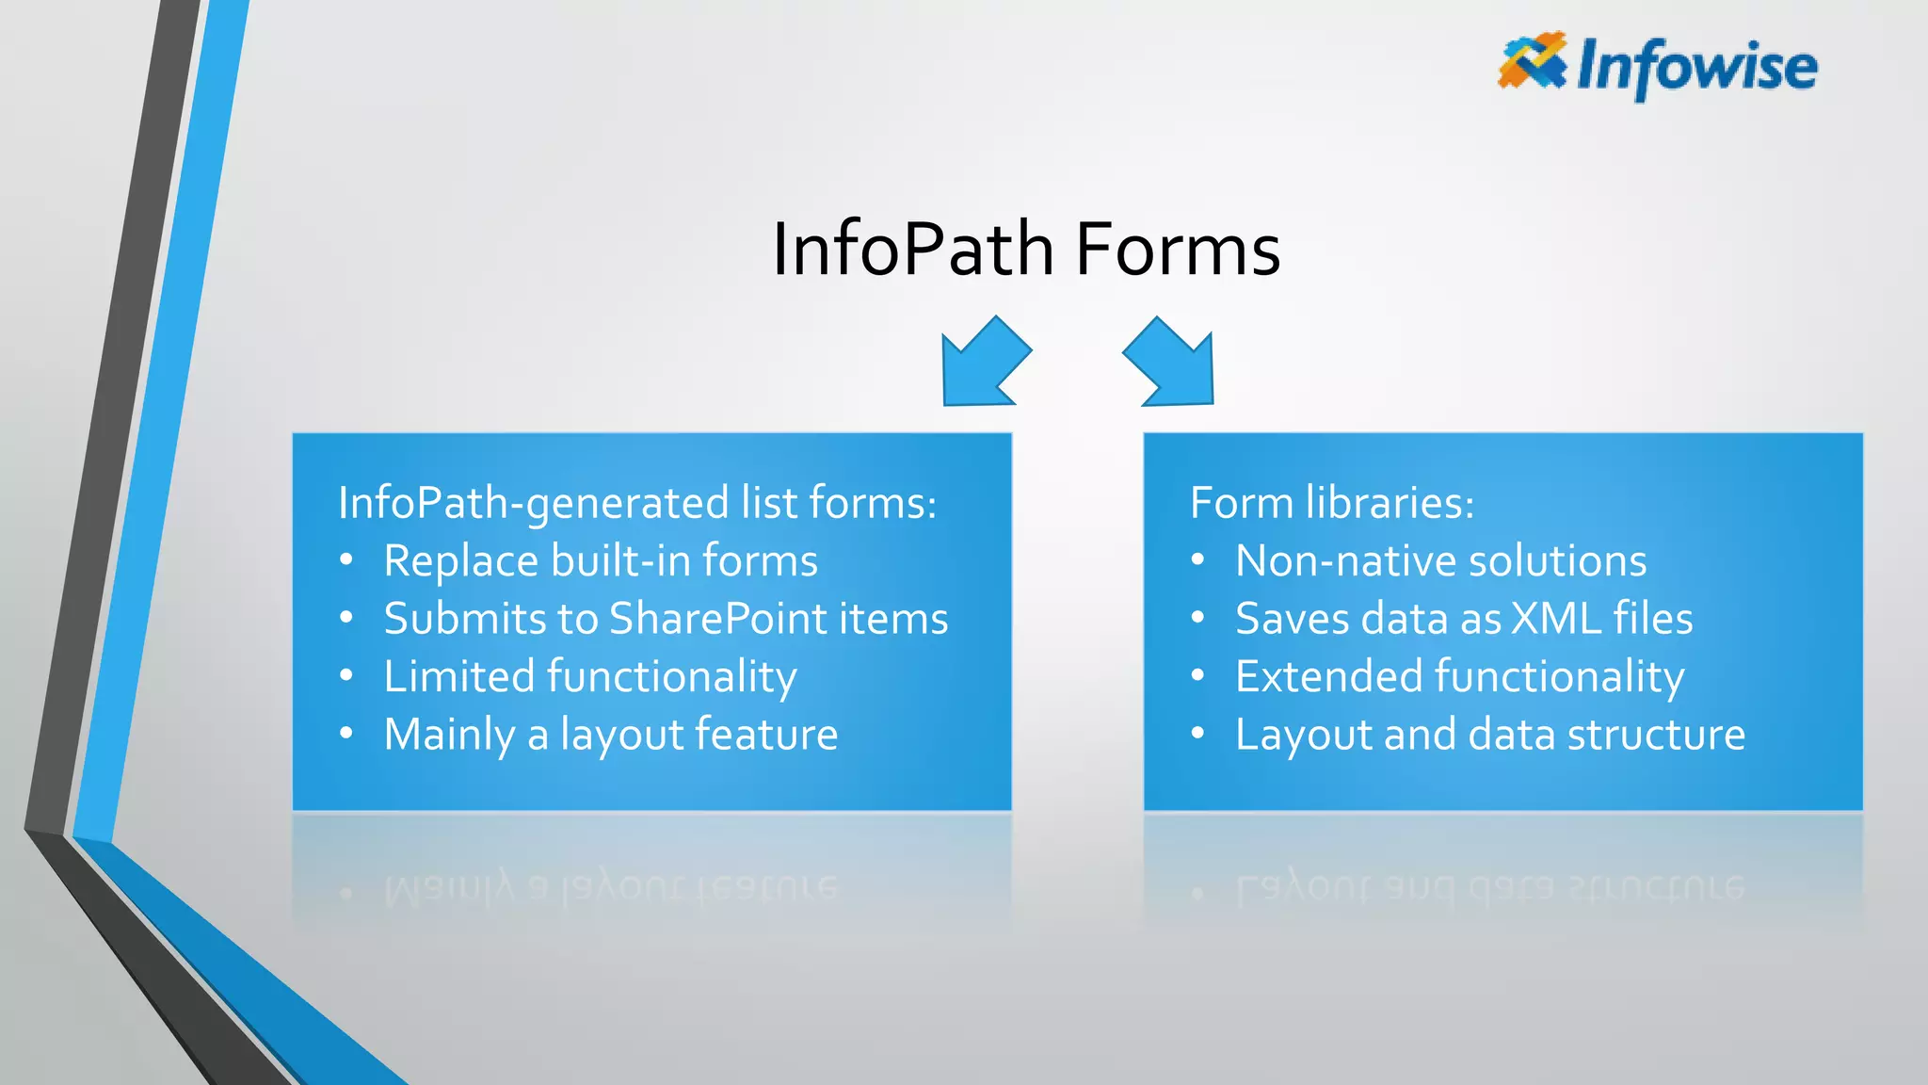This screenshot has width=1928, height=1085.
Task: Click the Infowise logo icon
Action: coord(1532,61)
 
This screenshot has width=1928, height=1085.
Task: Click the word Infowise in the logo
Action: coord(1696,68)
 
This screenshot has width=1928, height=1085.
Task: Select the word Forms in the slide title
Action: coord(1178,250)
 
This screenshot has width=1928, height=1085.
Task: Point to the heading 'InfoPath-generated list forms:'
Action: coord(637,503)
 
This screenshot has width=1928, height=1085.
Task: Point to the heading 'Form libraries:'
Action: coord(1331,503)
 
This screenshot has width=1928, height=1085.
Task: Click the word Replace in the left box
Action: coord(460,561)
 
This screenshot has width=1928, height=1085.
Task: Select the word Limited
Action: coord(459,676)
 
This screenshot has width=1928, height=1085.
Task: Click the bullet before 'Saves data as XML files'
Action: coord(1197,619)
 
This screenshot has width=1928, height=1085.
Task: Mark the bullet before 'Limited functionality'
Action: coord(346,676)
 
